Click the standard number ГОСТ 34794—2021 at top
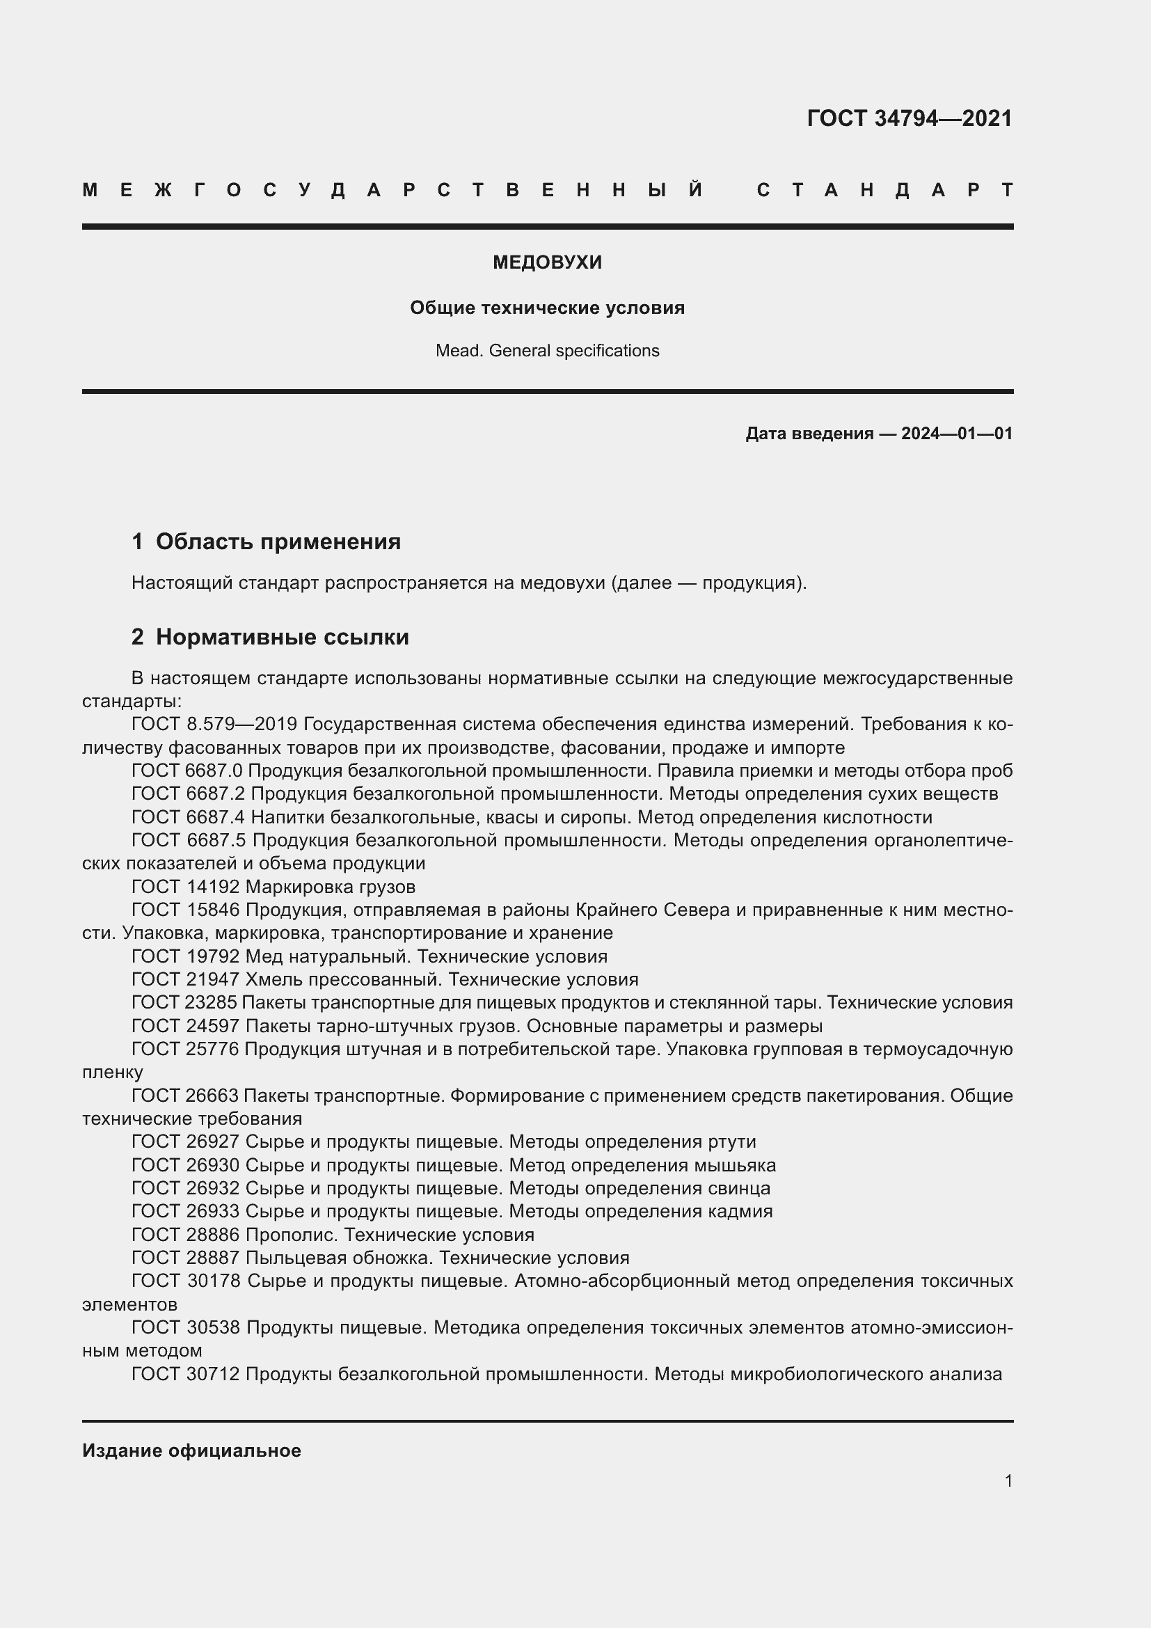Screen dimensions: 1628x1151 [x=910, y=118]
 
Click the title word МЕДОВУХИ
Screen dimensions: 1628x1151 [x=547, y=262]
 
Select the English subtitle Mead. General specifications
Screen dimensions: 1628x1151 [x=547, y=350]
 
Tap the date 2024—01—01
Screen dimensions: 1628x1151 [x=957, y=433]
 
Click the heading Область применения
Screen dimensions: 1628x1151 [x=278, y=542]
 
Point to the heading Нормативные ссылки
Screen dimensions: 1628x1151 [x=282, y=637]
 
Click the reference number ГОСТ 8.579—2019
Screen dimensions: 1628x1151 [x=216, y=724]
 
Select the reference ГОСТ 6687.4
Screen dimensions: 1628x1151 [x=188, y=817]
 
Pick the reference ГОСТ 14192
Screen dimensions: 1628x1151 [x=186, y=886]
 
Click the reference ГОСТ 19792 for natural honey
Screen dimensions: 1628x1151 [x=186, y=956]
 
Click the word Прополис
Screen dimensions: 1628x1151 [x=292, y=1235]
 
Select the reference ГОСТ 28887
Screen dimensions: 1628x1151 [x=186, y=1258]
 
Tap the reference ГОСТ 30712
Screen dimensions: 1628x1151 [x=186, y=1374]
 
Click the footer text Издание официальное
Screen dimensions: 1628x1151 [x=191, y=1451]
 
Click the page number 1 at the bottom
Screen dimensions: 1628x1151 [x=1008, y=1480]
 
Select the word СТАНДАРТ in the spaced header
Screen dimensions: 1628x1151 [x=884, y=190]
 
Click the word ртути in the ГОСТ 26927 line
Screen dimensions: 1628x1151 [x=731, y=1141]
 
